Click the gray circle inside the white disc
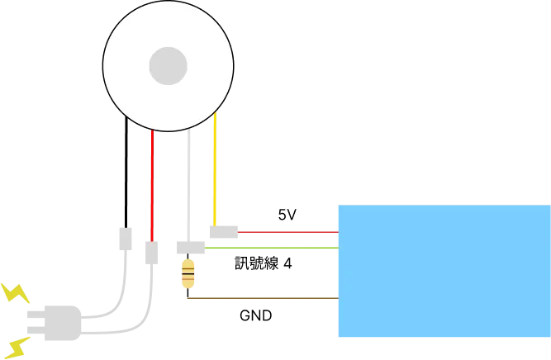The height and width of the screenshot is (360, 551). [x=168, y=65]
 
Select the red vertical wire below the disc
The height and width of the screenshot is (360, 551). [x=153, y=182]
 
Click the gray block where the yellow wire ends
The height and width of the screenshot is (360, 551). [x=221, y=234]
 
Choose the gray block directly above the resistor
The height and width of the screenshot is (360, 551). [x=188, y=247]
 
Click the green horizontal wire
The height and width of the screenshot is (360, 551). [x=273, y=247]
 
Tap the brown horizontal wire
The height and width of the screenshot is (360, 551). [x=261, y=300]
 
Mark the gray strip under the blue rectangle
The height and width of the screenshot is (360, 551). [x=444, y=340]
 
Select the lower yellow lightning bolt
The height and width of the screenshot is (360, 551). [x=14, y=346]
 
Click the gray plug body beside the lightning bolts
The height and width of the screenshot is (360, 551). [x=56, y=323]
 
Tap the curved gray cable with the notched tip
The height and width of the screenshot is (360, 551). [x=124, y=281]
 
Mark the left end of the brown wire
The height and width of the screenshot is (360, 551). [x=187, y=300]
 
